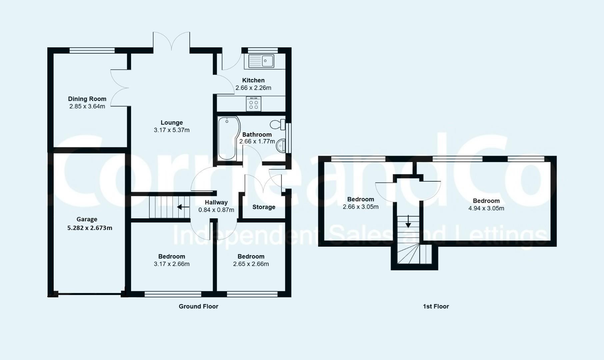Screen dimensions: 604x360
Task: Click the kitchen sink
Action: (x=261, y=61)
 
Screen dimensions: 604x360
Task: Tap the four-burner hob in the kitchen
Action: (x=254, y=104)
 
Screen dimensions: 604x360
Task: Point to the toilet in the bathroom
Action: (x=278, y=125)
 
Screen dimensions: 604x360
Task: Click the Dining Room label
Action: (x=87, y=99)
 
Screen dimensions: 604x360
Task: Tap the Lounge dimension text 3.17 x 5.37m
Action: (x=172, y=130)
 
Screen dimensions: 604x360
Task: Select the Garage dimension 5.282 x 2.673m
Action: (x=90, y=228)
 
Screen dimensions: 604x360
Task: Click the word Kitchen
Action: (x=253, y=80)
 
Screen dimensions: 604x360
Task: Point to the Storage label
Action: (x=264, y=207)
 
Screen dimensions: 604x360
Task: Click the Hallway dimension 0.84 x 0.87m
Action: (x=216, y=210)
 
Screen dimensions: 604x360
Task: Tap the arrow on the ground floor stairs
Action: (x=183, y=207)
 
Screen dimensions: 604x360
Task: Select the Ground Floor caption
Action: (x=198, y=306)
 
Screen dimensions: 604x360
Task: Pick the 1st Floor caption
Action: (x=436, y=306)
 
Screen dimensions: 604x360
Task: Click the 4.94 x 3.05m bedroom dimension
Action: (x=486, y=208)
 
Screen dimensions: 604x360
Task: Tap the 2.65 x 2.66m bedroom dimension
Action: (x=251, y=264)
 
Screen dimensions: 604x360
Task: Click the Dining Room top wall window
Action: (x=92, y=50)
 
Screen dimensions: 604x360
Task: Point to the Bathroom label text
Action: (x=257, y=134)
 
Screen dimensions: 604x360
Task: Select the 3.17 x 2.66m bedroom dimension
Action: (x=172, y=264)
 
